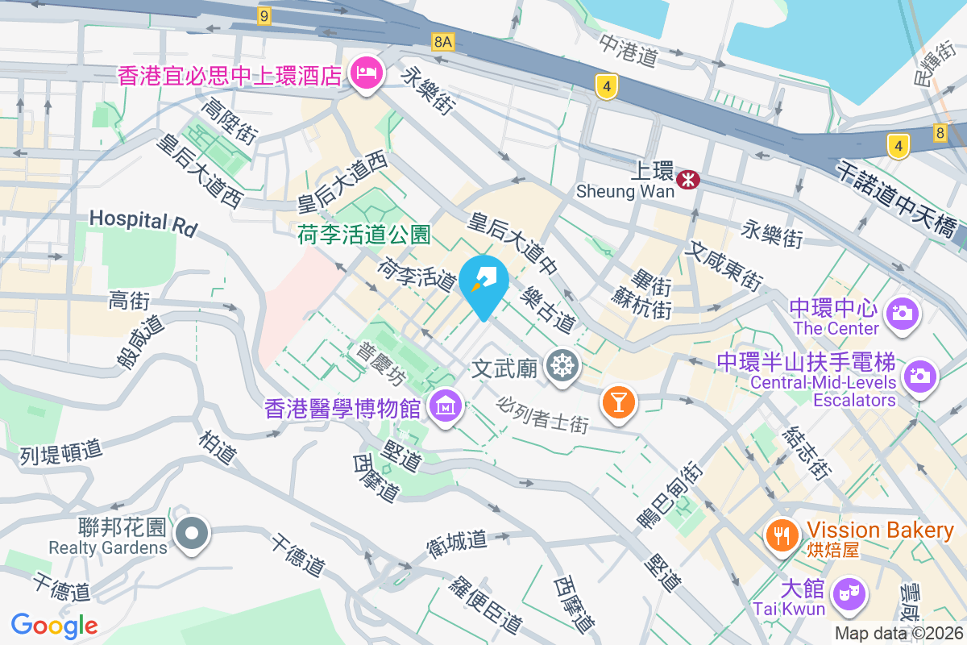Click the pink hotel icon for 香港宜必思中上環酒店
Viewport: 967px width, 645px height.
point(367,74)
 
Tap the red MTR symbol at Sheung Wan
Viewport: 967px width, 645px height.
point(688,180)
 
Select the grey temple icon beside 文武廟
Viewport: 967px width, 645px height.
point(562,367)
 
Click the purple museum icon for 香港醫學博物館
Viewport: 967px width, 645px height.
point(444,406)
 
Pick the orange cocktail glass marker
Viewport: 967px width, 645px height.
point(619,401)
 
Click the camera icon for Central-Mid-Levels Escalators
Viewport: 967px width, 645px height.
point(919,375)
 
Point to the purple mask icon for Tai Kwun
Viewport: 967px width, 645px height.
point(849,595)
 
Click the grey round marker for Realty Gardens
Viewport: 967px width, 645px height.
point(193,534)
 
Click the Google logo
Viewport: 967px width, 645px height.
point(54,625)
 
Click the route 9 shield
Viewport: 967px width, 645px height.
point(264,15)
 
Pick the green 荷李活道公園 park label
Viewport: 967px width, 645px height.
point(364,235)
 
